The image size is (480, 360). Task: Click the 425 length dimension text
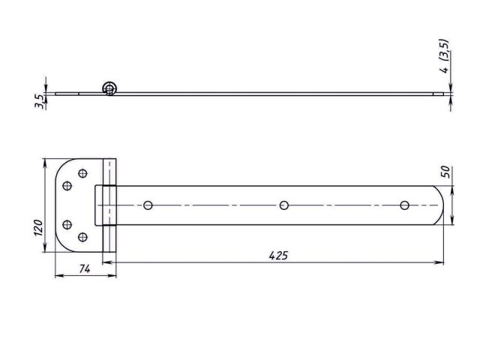coord(278,256)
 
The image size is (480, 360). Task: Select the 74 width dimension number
coord(85,269)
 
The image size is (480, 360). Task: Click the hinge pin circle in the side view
coord(110,88)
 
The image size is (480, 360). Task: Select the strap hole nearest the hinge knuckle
coord(148,205)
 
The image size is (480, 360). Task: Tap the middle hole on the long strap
coord(283,205)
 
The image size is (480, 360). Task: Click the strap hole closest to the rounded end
coord(404,205)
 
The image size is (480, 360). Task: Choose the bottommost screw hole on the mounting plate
coord(82,237)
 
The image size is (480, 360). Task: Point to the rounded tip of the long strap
coord(442,205)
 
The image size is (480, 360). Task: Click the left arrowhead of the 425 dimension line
coord(106,262)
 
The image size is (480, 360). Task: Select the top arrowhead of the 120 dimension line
coord(46,161)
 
